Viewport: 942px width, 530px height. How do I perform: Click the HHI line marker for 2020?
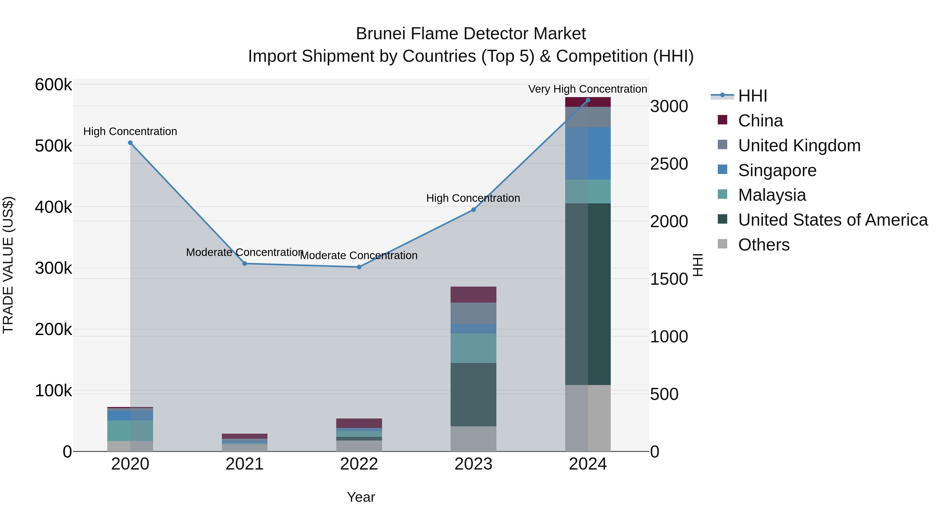click(130, 143)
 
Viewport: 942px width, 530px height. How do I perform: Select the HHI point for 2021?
click(245, 263)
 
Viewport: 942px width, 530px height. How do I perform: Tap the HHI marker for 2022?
click(359, 267)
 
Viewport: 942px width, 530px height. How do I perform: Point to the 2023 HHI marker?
click(473, 210)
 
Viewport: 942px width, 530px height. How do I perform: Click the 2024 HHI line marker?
click(588, 100)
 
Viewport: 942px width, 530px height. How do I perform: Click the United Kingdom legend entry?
click(799, 146)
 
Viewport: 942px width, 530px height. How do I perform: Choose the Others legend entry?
click(764, 245)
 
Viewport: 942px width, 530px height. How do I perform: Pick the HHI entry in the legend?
click(752, 96)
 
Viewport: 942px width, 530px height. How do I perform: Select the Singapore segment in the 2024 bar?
click(588, 153)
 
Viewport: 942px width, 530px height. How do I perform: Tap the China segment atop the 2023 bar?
click(473, 294)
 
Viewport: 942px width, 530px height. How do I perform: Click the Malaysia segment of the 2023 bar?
click(473, 348)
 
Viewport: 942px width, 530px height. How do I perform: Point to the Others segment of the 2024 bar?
click(588, 418)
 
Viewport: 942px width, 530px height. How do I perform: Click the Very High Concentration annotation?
click(588, 89)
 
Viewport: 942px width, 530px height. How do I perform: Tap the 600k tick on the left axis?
click(53, 85)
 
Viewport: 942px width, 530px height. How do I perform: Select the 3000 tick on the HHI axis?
click(669, 107)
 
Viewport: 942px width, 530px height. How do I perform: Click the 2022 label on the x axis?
click(359, 464)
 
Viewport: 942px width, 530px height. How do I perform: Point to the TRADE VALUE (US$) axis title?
click(8, 265)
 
